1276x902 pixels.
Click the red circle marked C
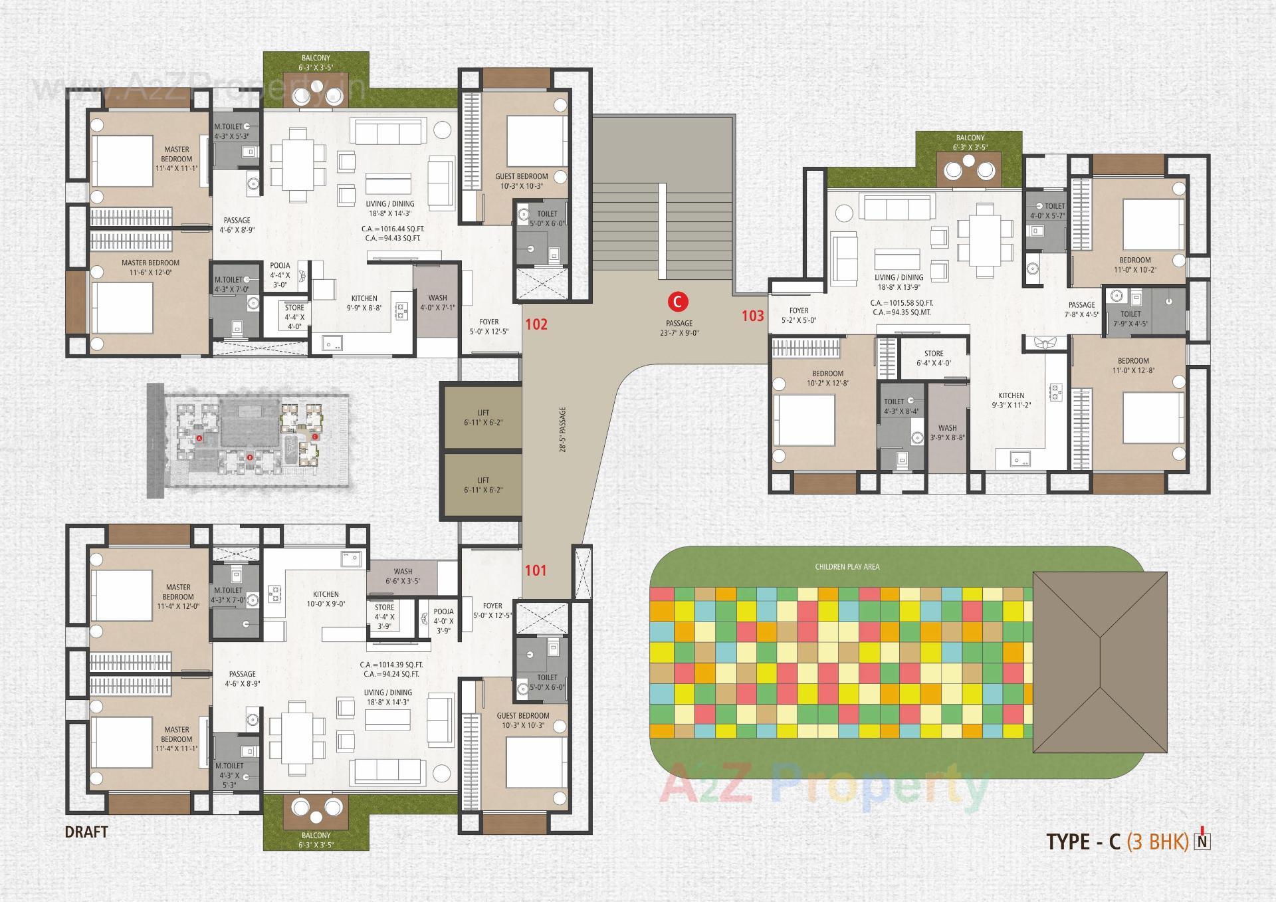tap(678, 302)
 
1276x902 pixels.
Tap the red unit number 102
tap(536, 324)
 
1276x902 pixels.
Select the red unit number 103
tap(753, 316)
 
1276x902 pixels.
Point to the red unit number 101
tap(536, 570)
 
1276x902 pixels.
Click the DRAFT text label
tap(86, 832)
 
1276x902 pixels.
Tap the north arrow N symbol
tap(1202, 840)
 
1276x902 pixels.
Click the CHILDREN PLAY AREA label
tap(847, 567)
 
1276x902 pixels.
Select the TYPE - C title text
tap(1083, 842)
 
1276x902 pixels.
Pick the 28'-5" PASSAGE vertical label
tap(563, 430)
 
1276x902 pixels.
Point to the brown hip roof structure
tap(1100, 661)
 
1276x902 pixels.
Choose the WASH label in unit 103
tap(947, 428)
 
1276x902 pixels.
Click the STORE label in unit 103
tap(934, 354)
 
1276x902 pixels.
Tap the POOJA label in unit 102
tap(280, 265)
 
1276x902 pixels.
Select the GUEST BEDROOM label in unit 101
tap(523, 716)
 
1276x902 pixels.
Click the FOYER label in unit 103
tap(799, 310)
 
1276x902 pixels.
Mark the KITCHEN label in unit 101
tap(326, 594)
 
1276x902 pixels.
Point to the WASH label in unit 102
tap(437, 298)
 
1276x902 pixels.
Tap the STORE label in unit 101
tap(384, 608)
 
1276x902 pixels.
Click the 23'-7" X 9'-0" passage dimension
tap(679, 333)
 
